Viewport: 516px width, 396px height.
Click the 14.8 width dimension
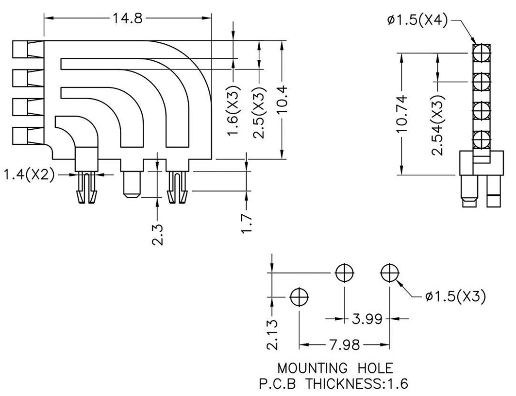tap(128, 18)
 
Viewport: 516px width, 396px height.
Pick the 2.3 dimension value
tap(157, 234)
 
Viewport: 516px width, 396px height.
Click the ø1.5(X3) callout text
tap(455, 296)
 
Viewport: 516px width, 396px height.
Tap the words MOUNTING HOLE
tap(335, 367)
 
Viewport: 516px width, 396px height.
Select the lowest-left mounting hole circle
tap(299, 296)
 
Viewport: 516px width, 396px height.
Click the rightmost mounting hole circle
tap(389, 273)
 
